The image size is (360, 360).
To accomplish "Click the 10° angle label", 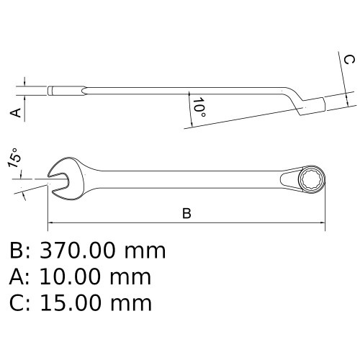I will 199,107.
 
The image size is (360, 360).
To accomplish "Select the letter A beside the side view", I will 13,112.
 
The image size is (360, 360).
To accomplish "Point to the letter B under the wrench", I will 186,214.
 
